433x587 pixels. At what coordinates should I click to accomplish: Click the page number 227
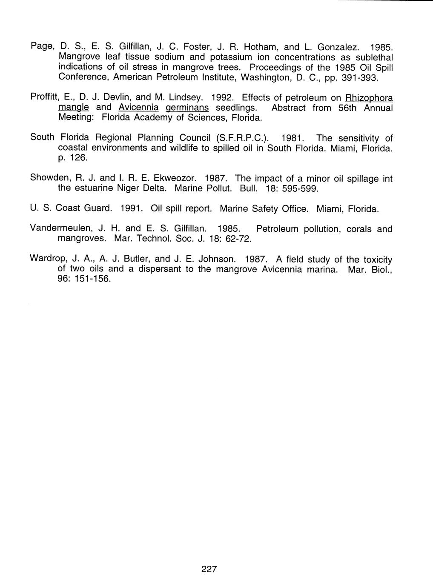point(209,570)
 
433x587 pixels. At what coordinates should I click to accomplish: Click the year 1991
point(131,209)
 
